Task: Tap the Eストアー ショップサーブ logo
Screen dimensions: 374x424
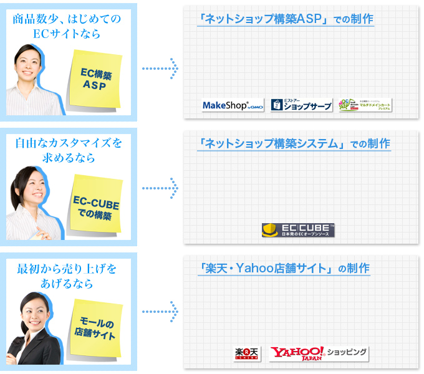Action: point(301,105)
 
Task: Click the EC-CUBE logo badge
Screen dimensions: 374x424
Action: point(298,230)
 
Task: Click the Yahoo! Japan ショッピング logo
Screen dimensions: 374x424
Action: point(319,354)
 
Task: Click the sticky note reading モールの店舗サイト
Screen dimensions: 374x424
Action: point(95,328)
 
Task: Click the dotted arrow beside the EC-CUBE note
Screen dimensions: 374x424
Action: point(160,187)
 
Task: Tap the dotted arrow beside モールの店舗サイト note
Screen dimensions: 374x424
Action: point(160,310)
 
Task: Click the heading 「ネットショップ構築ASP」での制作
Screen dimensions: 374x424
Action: point(284,19)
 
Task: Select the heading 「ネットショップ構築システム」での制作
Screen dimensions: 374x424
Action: point(292,144)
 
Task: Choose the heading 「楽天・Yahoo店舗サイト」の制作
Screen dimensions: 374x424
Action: point(284,269)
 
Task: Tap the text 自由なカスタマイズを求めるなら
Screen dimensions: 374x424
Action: point(69,150)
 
